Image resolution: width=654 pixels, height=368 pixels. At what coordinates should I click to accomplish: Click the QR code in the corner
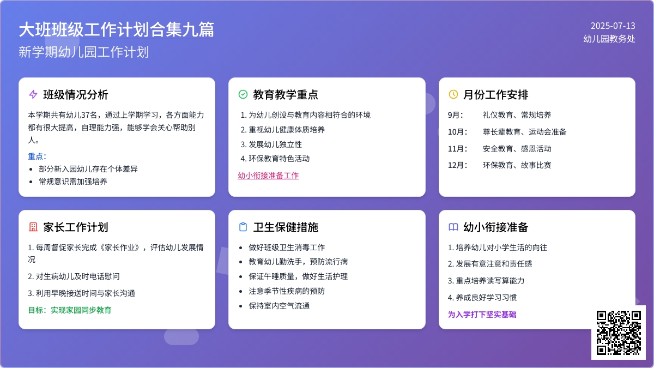click(x=619, y=333)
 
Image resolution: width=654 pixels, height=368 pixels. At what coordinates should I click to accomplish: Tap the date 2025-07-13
click(x=613, y=26)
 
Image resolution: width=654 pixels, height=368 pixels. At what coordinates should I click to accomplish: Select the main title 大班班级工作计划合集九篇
click(x=116, y=29)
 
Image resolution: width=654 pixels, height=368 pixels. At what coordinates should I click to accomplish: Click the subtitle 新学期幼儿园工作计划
click(x=83, y=52)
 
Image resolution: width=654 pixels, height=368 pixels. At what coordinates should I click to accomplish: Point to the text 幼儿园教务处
click(x=609, y=39)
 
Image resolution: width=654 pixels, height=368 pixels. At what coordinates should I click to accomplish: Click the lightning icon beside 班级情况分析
click(x=33, y=94)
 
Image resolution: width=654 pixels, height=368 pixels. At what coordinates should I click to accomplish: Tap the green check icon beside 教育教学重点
click(x=243, y=94)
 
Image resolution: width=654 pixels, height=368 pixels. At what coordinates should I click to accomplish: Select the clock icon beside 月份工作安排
click(x=453, y=94)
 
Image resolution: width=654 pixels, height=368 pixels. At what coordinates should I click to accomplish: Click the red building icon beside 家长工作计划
click(x=33, y=227)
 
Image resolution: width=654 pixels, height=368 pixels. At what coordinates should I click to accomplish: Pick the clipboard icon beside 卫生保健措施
click(x=243, y=227)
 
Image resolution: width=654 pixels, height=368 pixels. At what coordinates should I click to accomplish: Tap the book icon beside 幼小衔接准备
click(x=453, y=227)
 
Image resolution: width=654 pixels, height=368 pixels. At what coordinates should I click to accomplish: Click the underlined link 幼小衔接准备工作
click(x=268, y=176)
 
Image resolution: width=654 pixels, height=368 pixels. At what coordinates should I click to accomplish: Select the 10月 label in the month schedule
click(x=457, y=132)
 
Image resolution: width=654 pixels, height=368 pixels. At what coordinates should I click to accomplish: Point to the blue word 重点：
click(x=37, y=156)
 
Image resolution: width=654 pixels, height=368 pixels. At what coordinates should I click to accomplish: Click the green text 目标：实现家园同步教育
click(x=70, y=310)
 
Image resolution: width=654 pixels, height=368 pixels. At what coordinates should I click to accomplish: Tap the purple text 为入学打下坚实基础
click(x=482, y=315)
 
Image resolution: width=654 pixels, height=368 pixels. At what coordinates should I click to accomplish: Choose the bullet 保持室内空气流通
click(x=279, y=306)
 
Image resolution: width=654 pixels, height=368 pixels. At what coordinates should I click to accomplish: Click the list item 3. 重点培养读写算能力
click(x=486, y=281)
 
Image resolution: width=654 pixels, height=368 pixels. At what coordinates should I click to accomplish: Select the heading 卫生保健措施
click(x=286, y=227)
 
